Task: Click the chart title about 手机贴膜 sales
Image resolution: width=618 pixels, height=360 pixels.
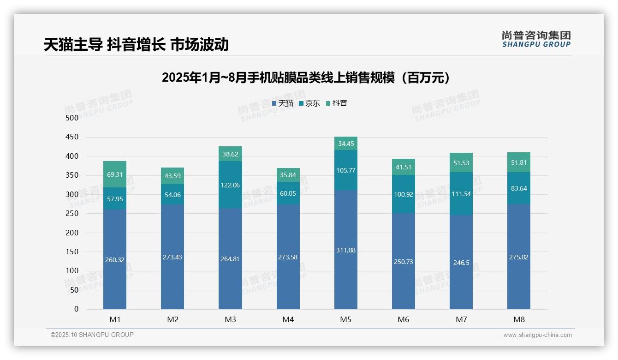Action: [x=306, y=78]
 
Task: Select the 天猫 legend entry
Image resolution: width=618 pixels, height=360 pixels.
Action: [x=283, y=103]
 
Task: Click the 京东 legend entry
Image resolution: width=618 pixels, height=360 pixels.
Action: [x=309, y=103]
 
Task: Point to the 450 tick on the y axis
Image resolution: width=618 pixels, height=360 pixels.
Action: [x=72, y=137]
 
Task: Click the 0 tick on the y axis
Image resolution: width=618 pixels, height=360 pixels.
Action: [x=76, y=309]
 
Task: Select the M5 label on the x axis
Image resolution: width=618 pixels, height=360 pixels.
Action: [x=345, y=319]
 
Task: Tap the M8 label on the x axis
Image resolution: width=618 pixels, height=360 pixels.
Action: [x=519, y=319]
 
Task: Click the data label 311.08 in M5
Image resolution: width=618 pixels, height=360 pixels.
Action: [x=345, y=250]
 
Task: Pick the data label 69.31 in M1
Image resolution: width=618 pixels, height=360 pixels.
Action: [x=115, y=174]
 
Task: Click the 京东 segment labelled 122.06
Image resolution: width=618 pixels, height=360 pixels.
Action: [x=230, y=185]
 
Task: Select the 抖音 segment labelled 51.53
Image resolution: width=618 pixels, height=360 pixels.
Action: [x=461, y=162]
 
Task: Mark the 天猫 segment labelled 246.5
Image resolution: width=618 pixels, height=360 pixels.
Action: [x=461, y=262]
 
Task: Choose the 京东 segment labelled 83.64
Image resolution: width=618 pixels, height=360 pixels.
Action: [x=519, y=188]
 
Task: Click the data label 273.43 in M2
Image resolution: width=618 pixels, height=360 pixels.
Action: [x=172, y=257]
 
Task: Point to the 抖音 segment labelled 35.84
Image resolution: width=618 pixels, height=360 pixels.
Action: [x=288, y=175]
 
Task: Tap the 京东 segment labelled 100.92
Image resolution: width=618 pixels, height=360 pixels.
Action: [x=404, y=194]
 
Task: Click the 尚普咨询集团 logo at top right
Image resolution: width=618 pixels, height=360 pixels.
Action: [x=536, y=39]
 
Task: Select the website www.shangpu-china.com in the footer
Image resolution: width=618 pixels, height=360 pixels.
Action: [x=537, y=335]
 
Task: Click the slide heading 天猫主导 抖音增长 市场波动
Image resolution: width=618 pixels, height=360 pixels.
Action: [x=136, y=45]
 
